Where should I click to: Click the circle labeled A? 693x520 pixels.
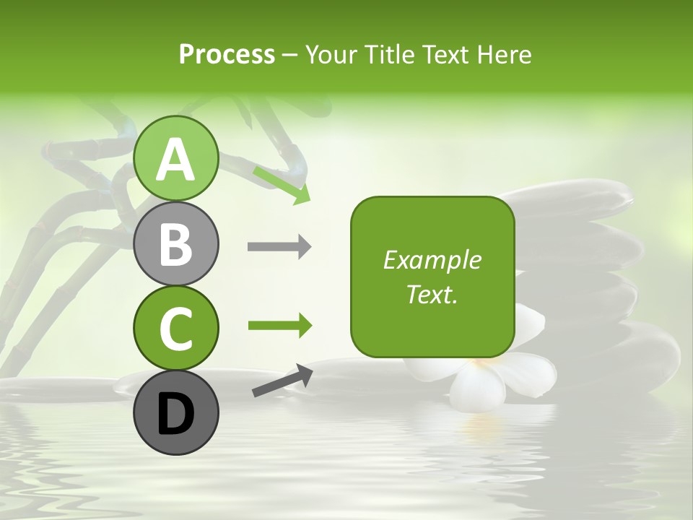(176, 158)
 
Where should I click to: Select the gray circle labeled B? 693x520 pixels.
(176, 243)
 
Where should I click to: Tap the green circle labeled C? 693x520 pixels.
(176, 329)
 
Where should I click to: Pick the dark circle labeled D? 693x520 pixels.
(176, 413)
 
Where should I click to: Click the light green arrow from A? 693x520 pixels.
(282, 184)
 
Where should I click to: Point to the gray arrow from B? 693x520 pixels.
(279, 247)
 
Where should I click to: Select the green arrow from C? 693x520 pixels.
(279, 326)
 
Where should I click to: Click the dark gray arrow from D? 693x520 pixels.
(282, 381)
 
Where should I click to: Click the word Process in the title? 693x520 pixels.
(227, 54)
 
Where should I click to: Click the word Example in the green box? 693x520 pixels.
(432, 260)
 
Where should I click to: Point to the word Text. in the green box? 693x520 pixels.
(432, 294)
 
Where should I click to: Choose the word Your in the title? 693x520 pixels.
(331, 54)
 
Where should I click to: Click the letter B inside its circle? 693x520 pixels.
(176, 243)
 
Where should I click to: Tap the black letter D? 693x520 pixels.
(176, 414)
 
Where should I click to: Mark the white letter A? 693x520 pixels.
(176, 159)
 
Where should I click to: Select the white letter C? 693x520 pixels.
(176, 329)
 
